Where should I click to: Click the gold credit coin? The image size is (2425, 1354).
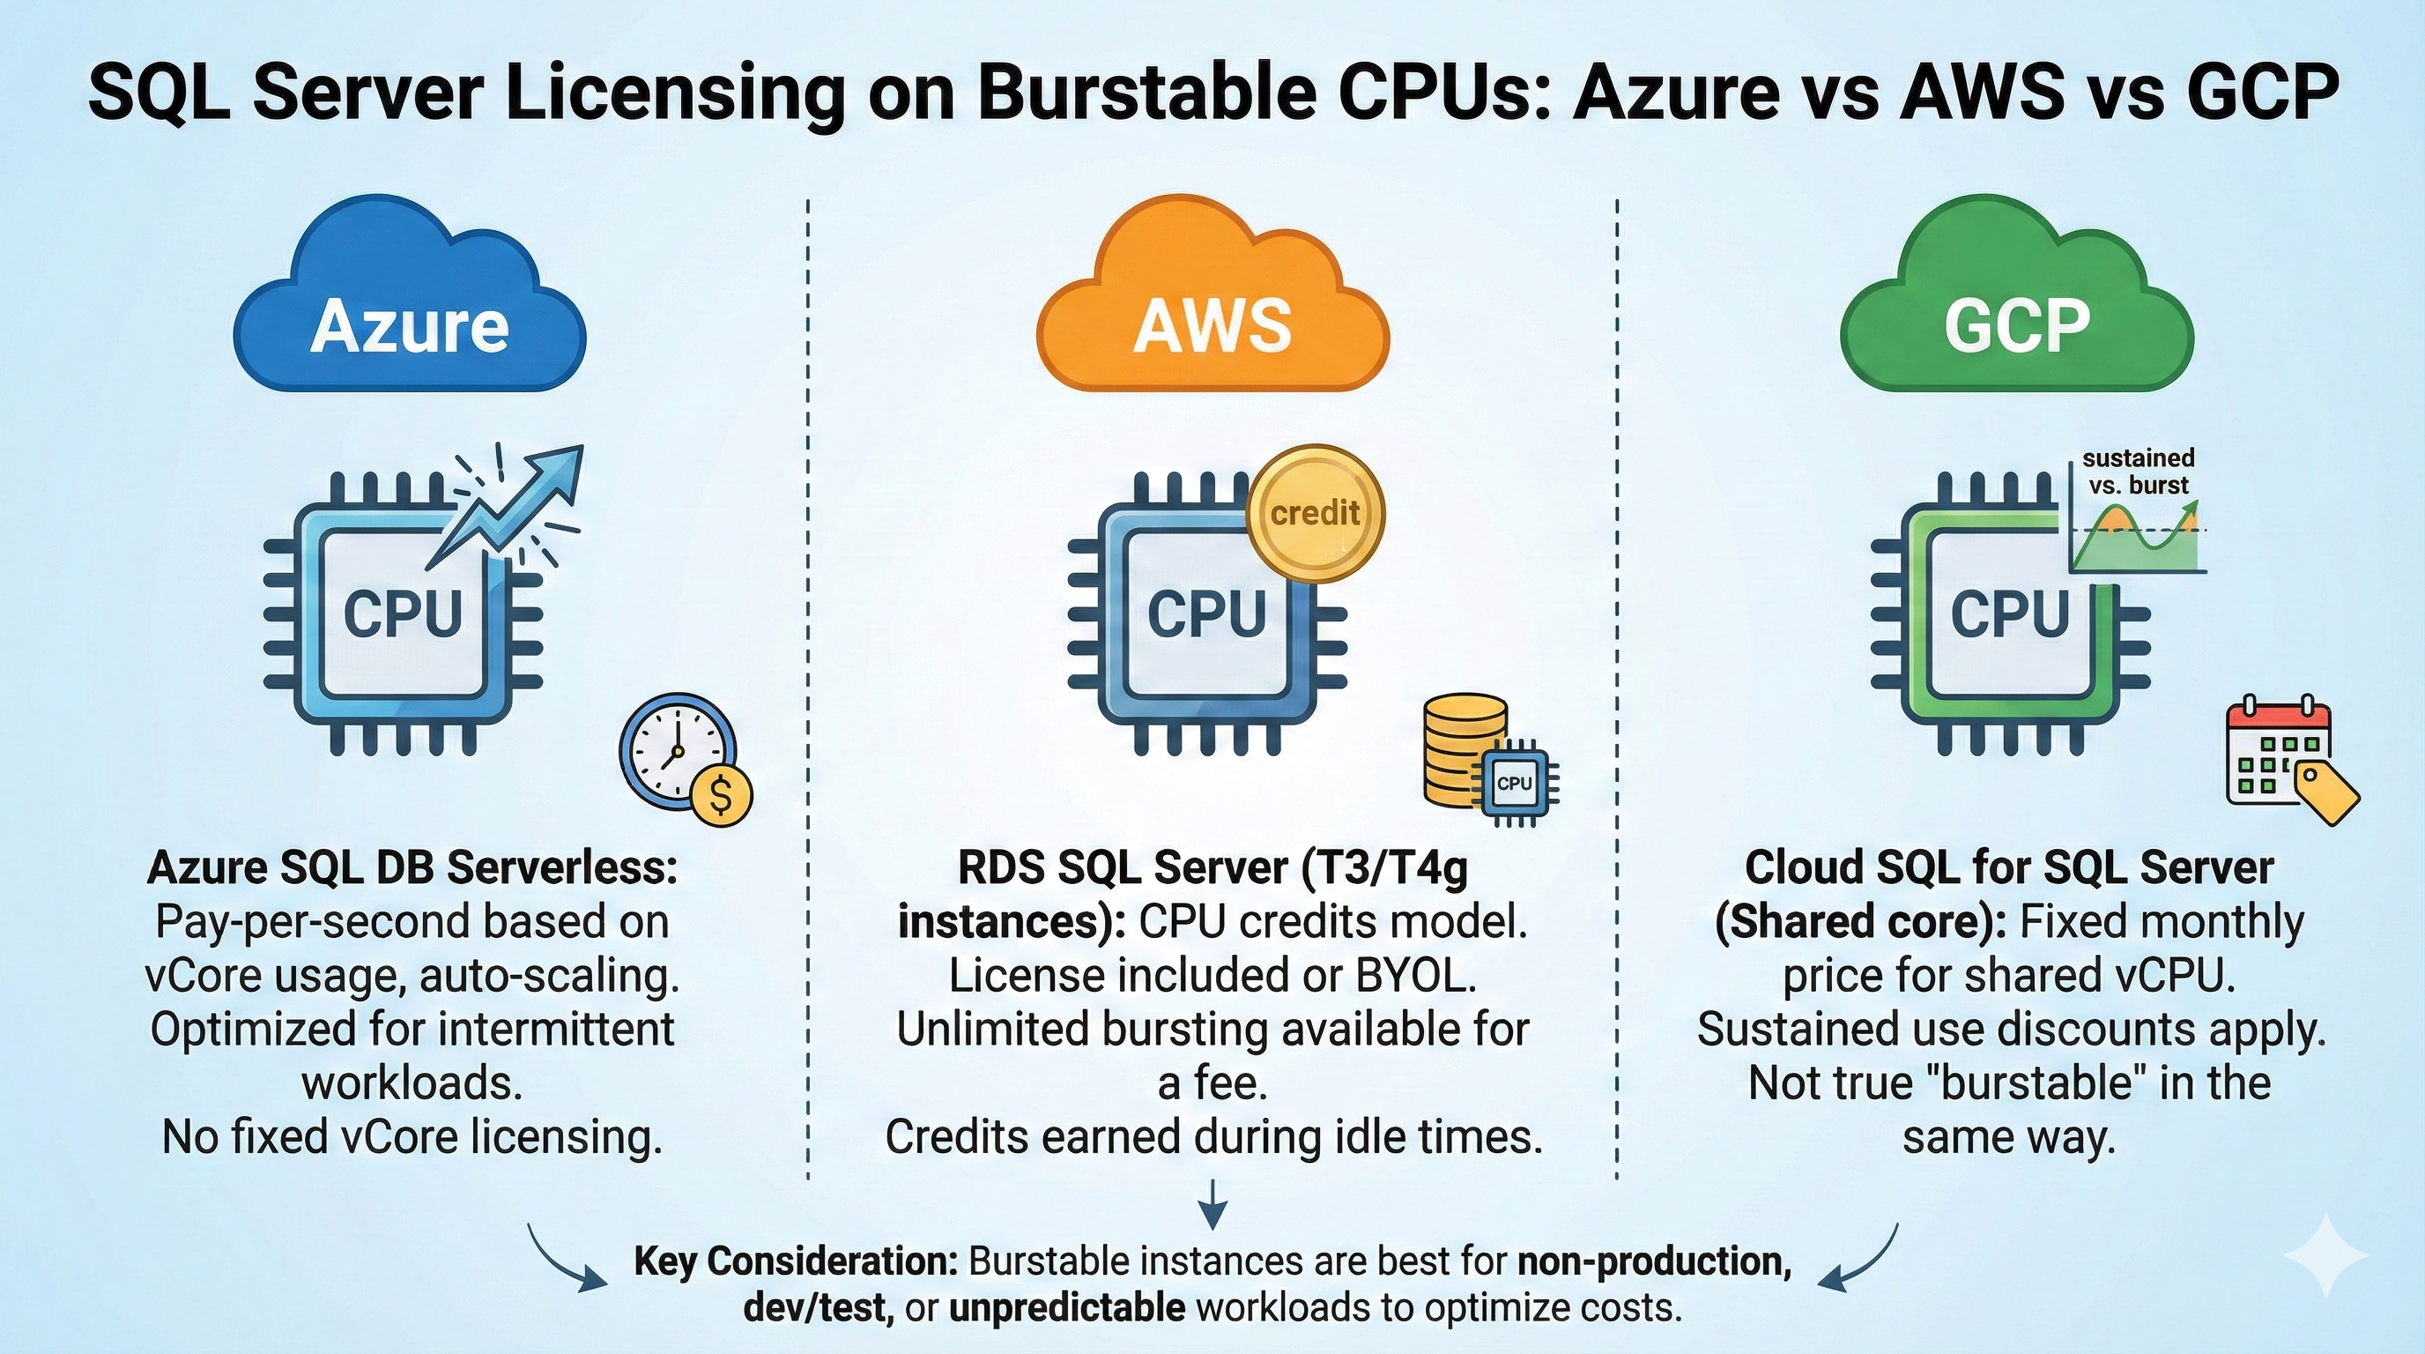tap(1315, 514)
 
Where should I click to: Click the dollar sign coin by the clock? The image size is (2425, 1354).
tap(721, 796)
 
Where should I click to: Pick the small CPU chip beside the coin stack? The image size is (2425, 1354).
tap(1515, 783)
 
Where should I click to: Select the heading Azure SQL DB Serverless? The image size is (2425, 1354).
tap(412, 867)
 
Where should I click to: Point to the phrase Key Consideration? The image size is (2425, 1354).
tap(796, 1261)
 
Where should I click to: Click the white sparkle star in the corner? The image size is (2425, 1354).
tap(2326, 1256)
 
